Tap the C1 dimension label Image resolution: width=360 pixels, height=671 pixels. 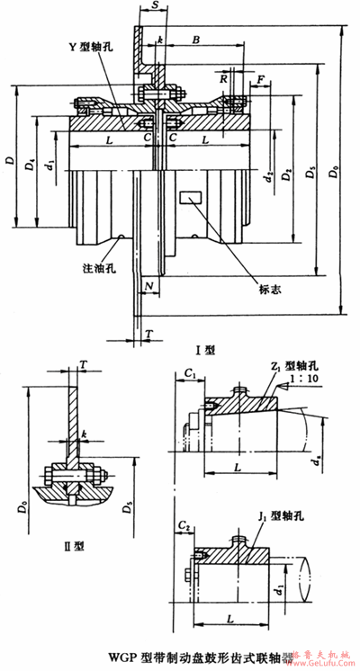coord(188,371)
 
